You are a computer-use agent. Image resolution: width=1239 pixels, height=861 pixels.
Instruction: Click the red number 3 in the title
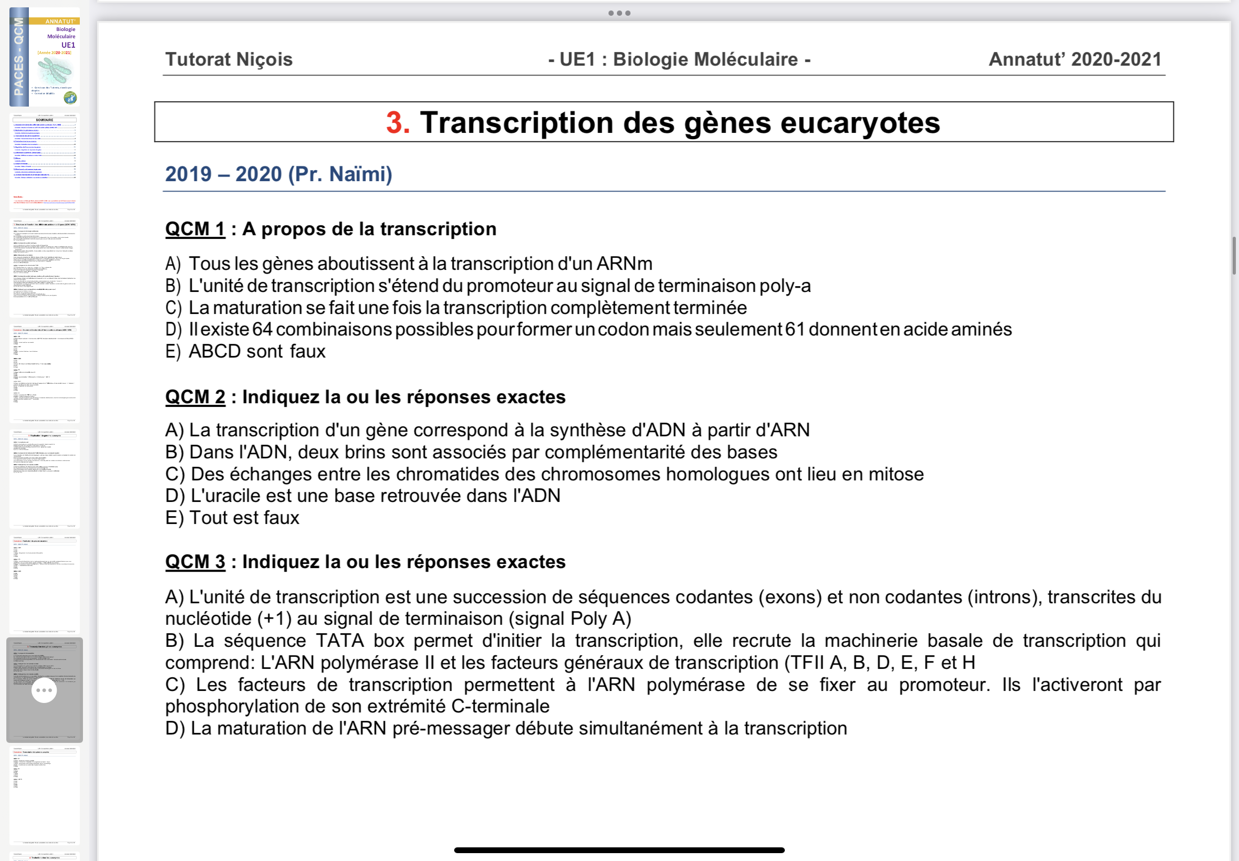coord(397,123)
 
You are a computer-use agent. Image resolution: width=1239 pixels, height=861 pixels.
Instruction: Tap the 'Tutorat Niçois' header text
coord(229,59)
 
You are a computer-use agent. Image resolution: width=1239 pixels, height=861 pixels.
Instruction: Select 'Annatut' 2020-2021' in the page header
coord(1075,59)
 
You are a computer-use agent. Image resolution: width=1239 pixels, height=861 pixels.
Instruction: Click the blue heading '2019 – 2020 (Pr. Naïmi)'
coord(278,174)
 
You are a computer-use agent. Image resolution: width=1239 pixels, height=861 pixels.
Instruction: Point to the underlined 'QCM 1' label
coord(195,229)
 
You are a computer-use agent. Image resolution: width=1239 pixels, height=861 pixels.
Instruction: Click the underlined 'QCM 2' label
coord(195,397)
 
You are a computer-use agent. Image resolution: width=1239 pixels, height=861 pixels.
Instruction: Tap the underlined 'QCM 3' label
coord(195,562)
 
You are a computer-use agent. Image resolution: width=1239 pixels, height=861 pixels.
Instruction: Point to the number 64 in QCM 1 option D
coord(262,330)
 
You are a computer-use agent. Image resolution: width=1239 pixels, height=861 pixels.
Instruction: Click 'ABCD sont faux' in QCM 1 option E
coord(257,352)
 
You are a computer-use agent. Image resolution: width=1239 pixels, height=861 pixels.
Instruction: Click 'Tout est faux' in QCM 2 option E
coord(244,518)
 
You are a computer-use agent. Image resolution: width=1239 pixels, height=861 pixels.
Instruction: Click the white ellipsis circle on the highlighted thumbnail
coord(44,690)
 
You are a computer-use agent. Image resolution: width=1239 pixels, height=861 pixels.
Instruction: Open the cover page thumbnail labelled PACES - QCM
coord(45,57)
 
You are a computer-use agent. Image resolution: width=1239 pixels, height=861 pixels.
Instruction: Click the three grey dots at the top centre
coord(619,13)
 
